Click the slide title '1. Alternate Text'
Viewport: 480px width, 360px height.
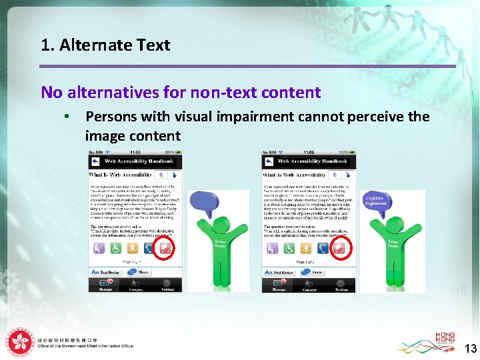pyautogui.click(x=105, y=45)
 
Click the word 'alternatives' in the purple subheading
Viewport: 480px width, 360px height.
pyautogui.click(x=116, y=92)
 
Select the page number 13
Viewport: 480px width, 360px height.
pyautogui.click(x=471, y=349)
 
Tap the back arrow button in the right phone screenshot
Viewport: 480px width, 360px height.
pyautogui.click(x=268, y=161)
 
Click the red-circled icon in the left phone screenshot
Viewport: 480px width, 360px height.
pyautogui.click(x=163, y=248)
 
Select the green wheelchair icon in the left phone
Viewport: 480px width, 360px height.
pyautogui.click(x=115, y=248)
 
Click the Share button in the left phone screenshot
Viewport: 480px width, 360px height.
pyautogui.click(x=143, y=273)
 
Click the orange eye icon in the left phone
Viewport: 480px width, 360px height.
pyautogui.click(x=131, y=248)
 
